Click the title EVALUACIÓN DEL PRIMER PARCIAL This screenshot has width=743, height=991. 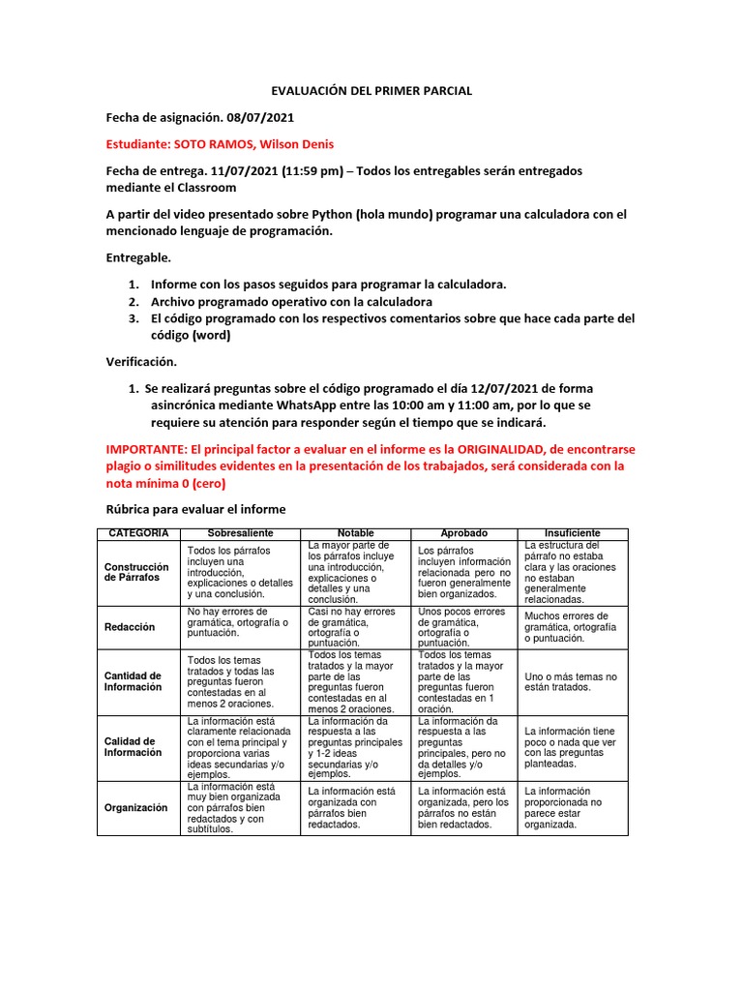pos(371,91)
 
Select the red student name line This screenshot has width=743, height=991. pos(220,144)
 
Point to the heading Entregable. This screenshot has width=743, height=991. pos(137,258)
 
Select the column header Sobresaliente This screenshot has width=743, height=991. pos(241,534)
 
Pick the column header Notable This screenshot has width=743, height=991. pos(355,534)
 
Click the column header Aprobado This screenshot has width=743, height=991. pos(464,534)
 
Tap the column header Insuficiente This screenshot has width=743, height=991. pos(572,534)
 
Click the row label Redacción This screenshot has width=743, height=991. pos(130,627)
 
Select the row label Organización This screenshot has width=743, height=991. pos(135,807)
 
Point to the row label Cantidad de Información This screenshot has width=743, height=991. pos(133,681)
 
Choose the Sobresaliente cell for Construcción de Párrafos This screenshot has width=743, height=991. pos(241,572)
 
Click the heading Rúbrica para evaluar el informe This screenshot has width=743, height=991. pos(195,509)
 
